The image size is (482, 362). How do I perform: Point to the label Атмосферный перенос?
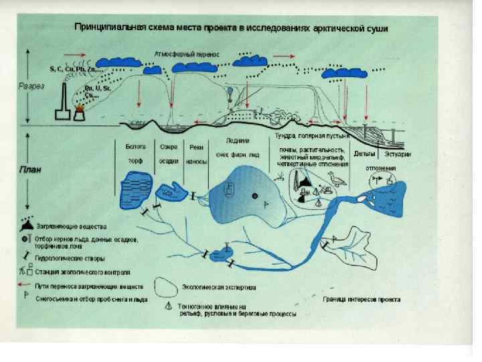tap(191, 51)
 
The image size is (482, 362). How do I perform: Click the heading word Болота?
tap(135, 147)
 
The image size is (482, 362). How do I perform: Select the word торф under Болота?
tap(135, 161)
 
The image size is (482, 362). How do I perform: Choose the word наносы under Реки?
tap(197, 161)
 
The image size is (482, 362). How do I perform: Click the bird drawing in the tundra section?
tap(337, 179)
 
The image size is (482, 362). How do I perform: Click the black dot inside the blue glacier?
tap(255, 196)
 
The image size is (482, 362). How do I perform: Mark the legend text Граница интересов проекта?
tap(361, 300)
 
